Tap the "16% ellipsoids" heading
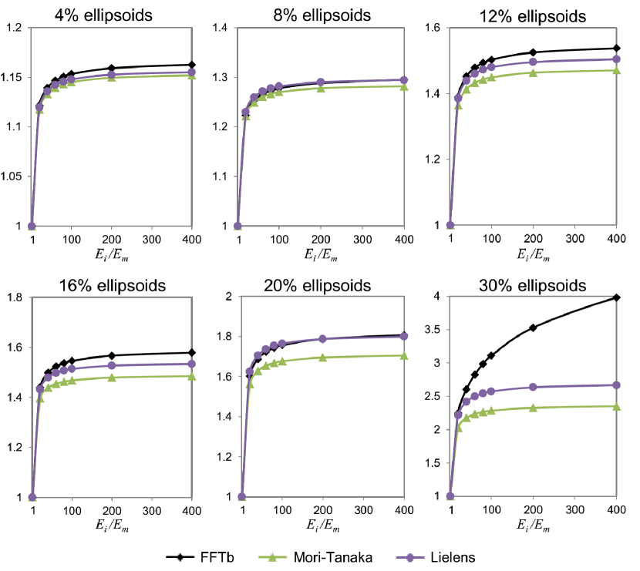point(112,286)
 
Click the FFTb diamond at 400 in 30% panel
point(616,297)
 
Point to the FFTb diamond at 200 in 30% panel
point(533,327)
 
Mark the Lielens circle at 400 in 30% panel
point(616,385)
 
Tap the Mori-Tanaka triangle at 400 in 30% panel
point(616,406)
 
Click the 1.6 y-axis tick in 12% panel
point(436,29)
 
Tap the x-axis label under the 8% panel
point(323,254)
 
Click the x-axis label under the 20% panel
point(323,526)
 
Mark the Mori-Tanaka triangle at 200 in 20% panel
point(322,358)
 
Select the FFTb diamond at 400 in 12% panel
point(616,49)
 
